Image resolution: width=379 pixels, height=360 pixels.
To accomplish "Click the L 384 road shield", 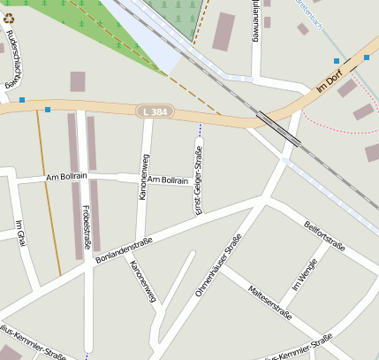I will [155, 111].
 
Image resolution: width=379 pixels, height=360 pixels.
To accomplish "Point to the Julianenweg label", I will [254, 19].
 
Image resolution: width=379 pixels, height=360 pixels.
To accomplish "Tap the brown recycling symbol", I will [8, 18].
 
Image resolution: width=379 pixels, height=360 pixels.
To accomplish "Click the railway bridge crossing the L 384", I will [278, 127].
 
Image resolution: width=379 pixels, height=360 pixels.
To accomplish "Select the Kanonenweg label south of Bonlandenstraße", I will [142, 282].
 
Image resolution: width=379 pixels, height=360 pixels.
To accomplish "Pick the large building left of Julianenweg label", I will [224, 31].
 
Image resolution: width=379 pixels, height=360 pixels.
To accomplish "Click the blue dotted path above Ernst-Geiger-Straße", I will [200, 131].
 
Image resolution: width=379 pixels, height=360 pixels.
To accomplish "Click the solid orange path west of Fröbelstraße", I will [49, 195].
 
